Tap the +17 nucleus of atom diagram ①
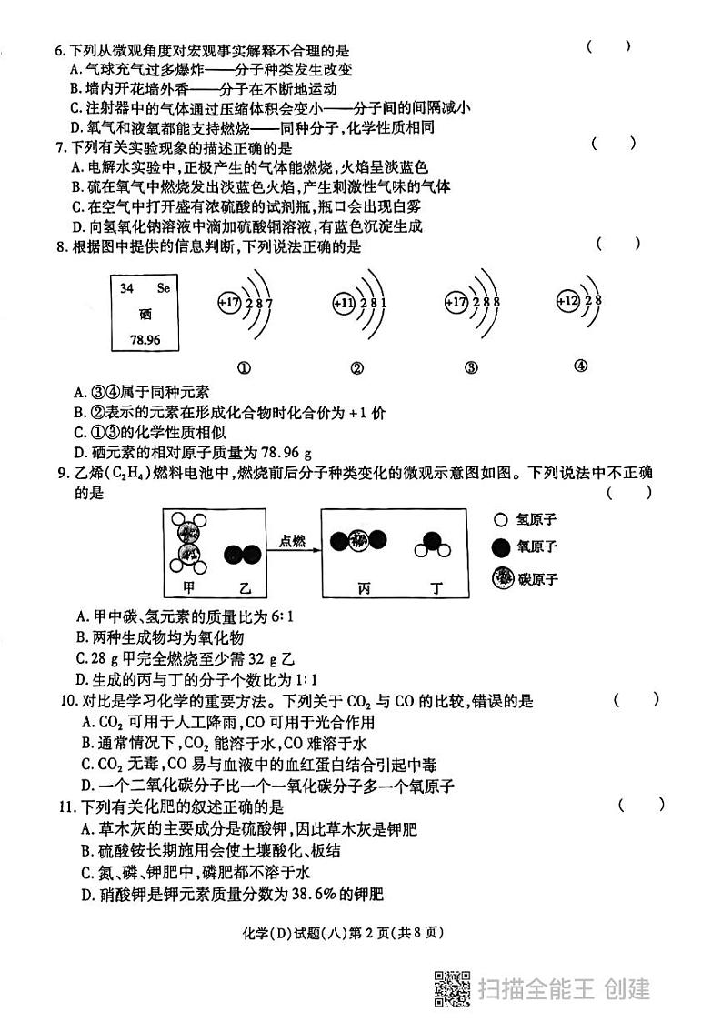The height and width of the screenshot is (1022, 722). [x=230, y=302]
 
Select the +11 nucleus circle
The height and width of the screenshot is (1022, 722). [x=344, y=303]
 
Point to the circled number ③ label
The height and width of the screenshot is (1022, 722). [x=470, y=368]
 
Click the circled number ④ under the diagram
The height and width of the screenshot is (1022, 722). [x=581, y=366]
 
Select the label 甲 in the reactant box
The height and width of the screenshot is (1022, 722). [x=189, y=586]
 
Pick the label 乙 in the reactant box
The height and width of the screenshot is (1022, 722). [x=242, y=586]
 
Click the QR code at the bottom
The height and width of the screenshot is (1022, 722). [x=452, y=989]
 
